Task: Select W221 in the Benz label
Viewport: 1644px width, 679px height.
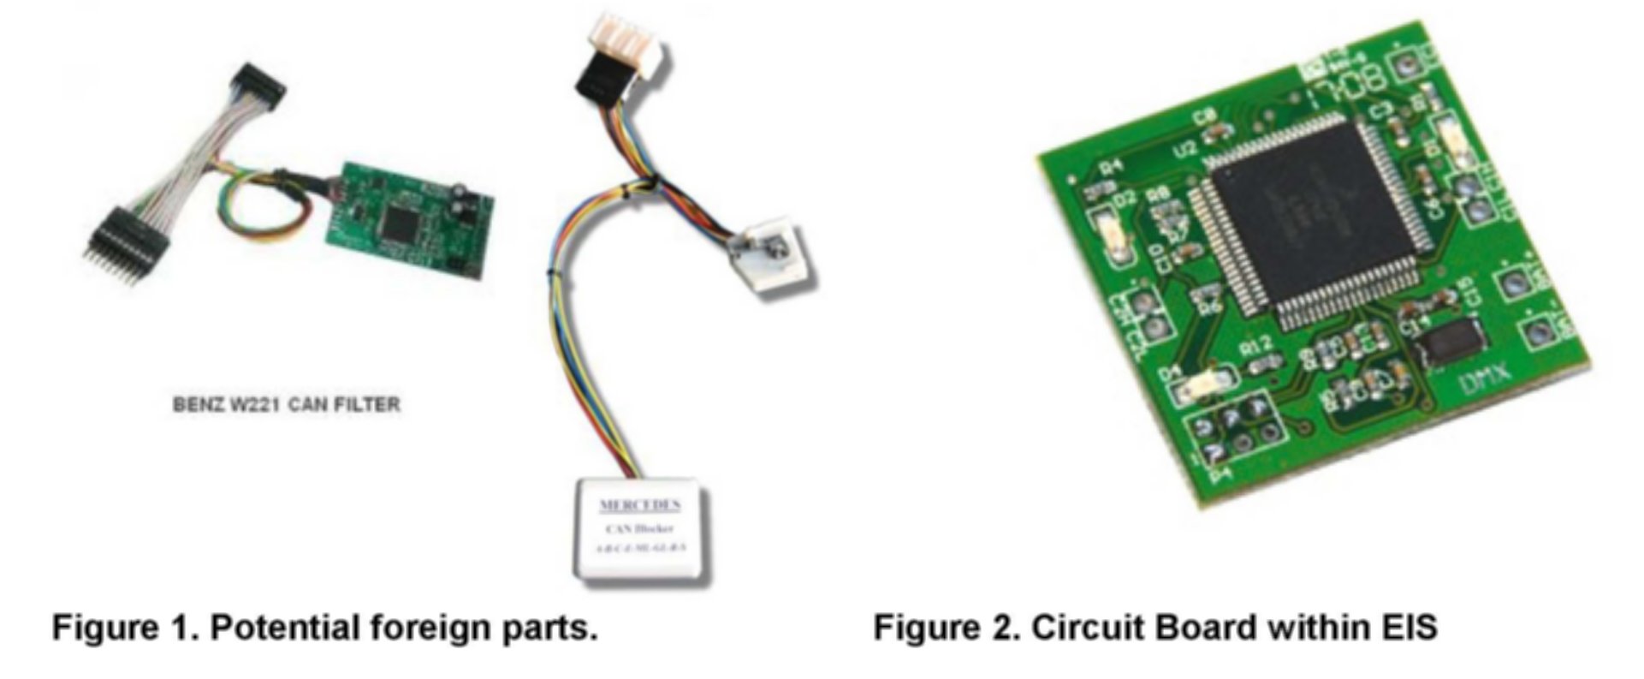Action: pyautogui.click(x=250, y=404)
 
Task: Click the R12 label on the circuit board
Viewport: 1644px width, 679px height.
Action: pyautogui.click(x=1255, y=348)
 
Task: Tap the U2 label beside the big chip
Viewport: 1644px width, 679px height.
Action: pyautogui.click(x=1185, y=151)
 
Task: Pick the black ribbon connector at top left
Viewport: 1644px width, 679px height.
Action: pyautogui.click(x=259, y=81)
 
